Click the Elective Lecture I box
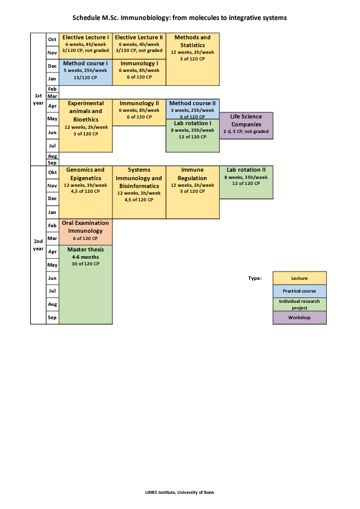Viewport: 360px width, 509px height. tap(86, 46)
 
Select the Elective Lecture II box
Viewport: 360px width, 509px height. tap(139, 46)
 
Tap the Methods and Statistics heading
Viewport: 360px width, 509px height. tap(192, 41)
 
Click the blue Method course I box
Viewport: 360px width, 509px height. tap(86, 72)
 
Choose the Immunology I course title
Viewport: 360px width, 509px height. tap(139, 63)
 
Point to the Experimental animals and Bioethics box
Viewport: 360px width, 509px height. tap(86, 126)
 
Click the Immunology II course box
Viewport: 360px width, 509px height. tap(139, 112)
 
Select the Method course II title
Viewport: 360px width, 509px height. tap(192, 103)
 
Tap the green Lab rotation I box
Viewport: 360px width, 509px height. tap(192, 135)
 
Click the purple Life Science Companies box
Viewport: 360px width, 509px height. tap(246, 126)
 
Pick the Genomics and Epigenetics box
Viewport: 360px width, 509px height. tap(86, 192)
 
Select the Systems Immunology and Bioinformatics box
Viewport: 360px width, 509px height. tap(139, 192)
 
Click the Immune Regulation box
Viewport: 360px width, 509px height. tap(192, 192)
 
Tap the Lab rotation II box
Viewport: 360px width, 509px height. tap(246, 182)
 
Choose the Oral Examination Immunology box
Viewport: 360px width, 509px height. tap(86, 232)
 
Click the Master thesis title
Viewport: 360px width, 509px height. tap(85, 250)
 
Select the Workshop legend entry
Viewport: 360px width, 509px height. tap(299, 317)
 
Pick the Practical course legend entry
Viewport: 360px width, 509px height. tap(299, 291)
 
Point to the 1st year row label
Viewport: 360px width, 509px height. tap(38, 99)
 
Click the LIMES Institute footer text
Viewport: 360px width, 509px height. tap(180, 492)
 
